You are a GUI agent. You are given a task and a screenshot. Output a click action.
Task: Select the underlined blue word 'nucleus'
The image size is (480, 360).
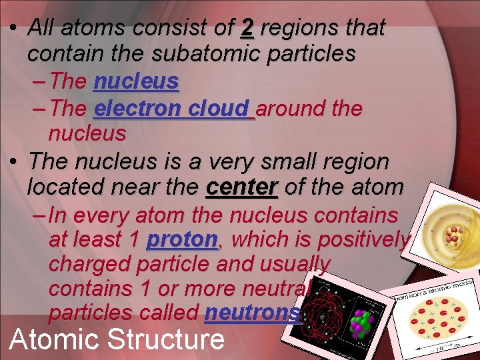[136, 81]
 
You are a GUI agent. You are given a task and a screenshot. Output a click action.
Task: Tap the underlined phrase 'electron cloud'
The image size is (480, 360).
[173, 108]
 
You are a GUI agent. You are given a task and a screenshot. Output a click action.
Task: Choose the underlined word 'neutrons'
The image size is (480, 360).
[253, 313]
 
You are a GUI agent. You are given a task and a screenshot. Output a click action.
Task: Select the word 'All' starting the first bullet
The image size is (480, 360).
[41, 28]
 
